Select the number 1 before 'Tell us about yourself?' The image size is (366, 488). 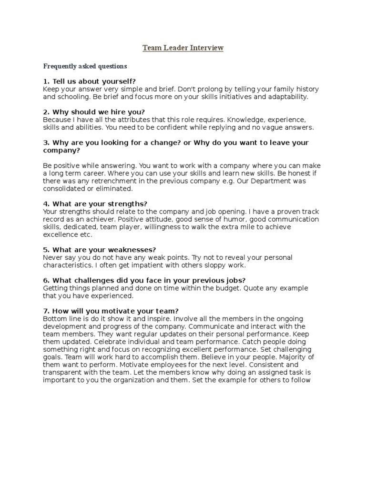[x=45, y=81]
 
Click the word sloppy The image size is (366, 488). [x=201, y=265]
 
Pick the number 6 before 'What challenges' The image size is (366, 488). [x=45, y=280]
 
